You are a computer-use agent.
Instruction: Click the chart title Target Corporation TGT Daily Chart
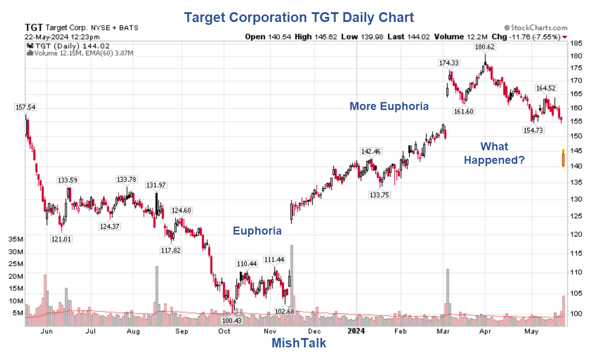[299, 17]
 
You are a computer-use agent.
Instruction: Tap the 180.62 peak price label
[485, 47]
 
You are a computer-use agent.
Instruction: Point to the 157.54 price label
[25, 107]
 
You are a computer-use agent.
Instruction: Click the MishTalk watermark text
[299, 343]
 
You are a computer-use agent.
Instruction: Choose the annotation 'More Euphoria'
[389, 106]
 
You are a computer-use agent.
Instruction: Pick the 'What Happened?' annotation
[494, 153]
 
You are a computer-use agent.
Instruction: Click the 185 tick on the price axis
[576, 43]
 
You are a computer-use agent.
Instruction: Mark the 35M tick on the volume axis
[15, 239]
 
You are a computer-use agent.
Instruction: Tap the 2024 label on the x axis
[356, 331]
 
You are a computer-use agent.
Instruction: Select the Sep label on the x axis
[182, 331]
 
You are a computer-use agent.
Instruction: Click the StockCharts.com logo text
[536, 28]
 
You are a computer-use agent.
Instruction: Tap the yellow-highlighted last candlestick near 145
[563, 158]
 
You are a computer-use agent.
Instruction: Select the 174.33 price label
[448, 63]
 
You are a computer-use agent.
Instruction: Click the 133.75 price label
[379, 195]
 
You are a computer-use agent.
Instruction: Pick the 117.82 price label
[170, 250]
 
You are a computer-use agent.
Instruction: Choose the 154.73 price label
[533, 130]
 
